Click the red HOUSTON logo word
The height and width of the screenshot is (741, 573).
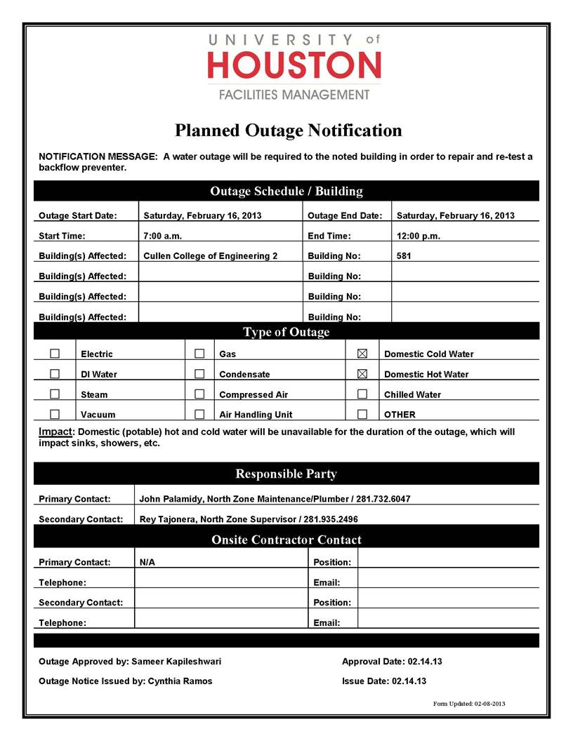pyautogui.click(x=294, y=66)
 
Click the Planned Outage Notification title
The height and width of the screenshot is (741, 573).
pyautogui.click(x=288, y=131)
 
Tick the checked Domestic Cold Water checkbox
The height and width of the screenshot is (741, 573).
pyautogui.click(x=362, y=354)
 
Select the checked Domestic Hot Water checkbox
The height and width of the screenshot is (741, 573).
pyautogui.click(x=362, y=374)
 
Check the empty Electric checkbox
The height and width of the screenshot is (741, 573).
pyautogui.click(x=55, y=354)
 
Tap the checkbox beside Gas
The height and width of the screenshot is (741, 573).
pyautogui.click(x=199, y=354)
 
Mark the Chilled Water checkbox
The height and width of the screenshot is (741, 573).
pyautogui.click(x=362, y=394)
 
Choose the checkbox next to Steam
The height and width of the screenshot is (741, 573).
pyautogui.click(x=55, y=394)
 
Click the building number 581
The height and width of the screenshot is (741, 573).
pyautogui.click(x=404, y=256)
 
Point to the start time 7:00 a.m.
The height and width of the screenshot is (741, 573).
pyautogui.click(x=162, y=236)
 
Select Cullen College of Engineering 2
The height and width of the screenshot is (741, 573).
pyautogui.click(x=210, y=256)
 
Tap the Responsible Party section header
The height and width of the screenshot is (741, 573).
pyautogui.click(x=286, y=474)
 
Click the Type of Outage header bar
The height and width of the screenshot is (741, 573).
pyautogui.click(x=286, y=332)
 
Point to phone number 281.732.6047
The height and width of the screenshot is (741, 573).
pyautogui.click(x=383, y=499)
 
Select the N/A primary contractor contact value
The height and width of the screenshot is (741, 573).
pyautogui.click(x=147, y=562)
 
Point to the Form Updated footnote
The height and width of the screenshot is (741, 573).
pyautogui.click(x=469, y=703)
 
